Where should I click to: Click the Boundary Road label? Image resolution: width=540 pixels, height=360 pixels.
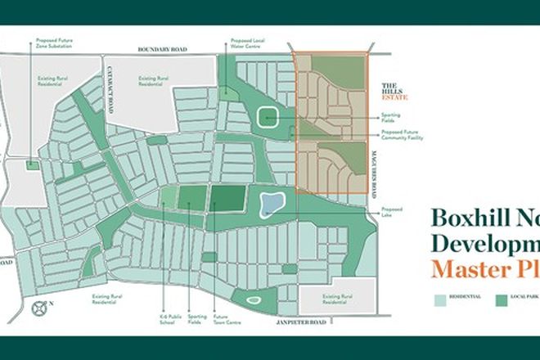coord(163,50)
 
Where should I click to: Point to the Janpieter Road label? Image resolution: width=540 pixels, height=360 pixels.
coord(301,322)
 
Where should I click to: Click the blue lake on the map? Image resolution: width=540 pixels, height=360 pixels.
coord(271,204)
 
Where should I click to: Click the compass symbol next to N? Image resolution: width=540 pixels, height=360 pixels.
coord(38,308)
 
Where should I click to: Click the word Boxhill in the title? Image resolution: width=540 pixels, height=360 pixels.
coord(464,218)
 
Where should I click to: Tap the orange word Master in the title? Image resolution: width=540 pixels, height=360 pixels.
coord(466,268)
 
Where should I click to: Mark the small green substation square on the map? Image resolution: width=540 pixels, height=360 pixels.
coord(32,164)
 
